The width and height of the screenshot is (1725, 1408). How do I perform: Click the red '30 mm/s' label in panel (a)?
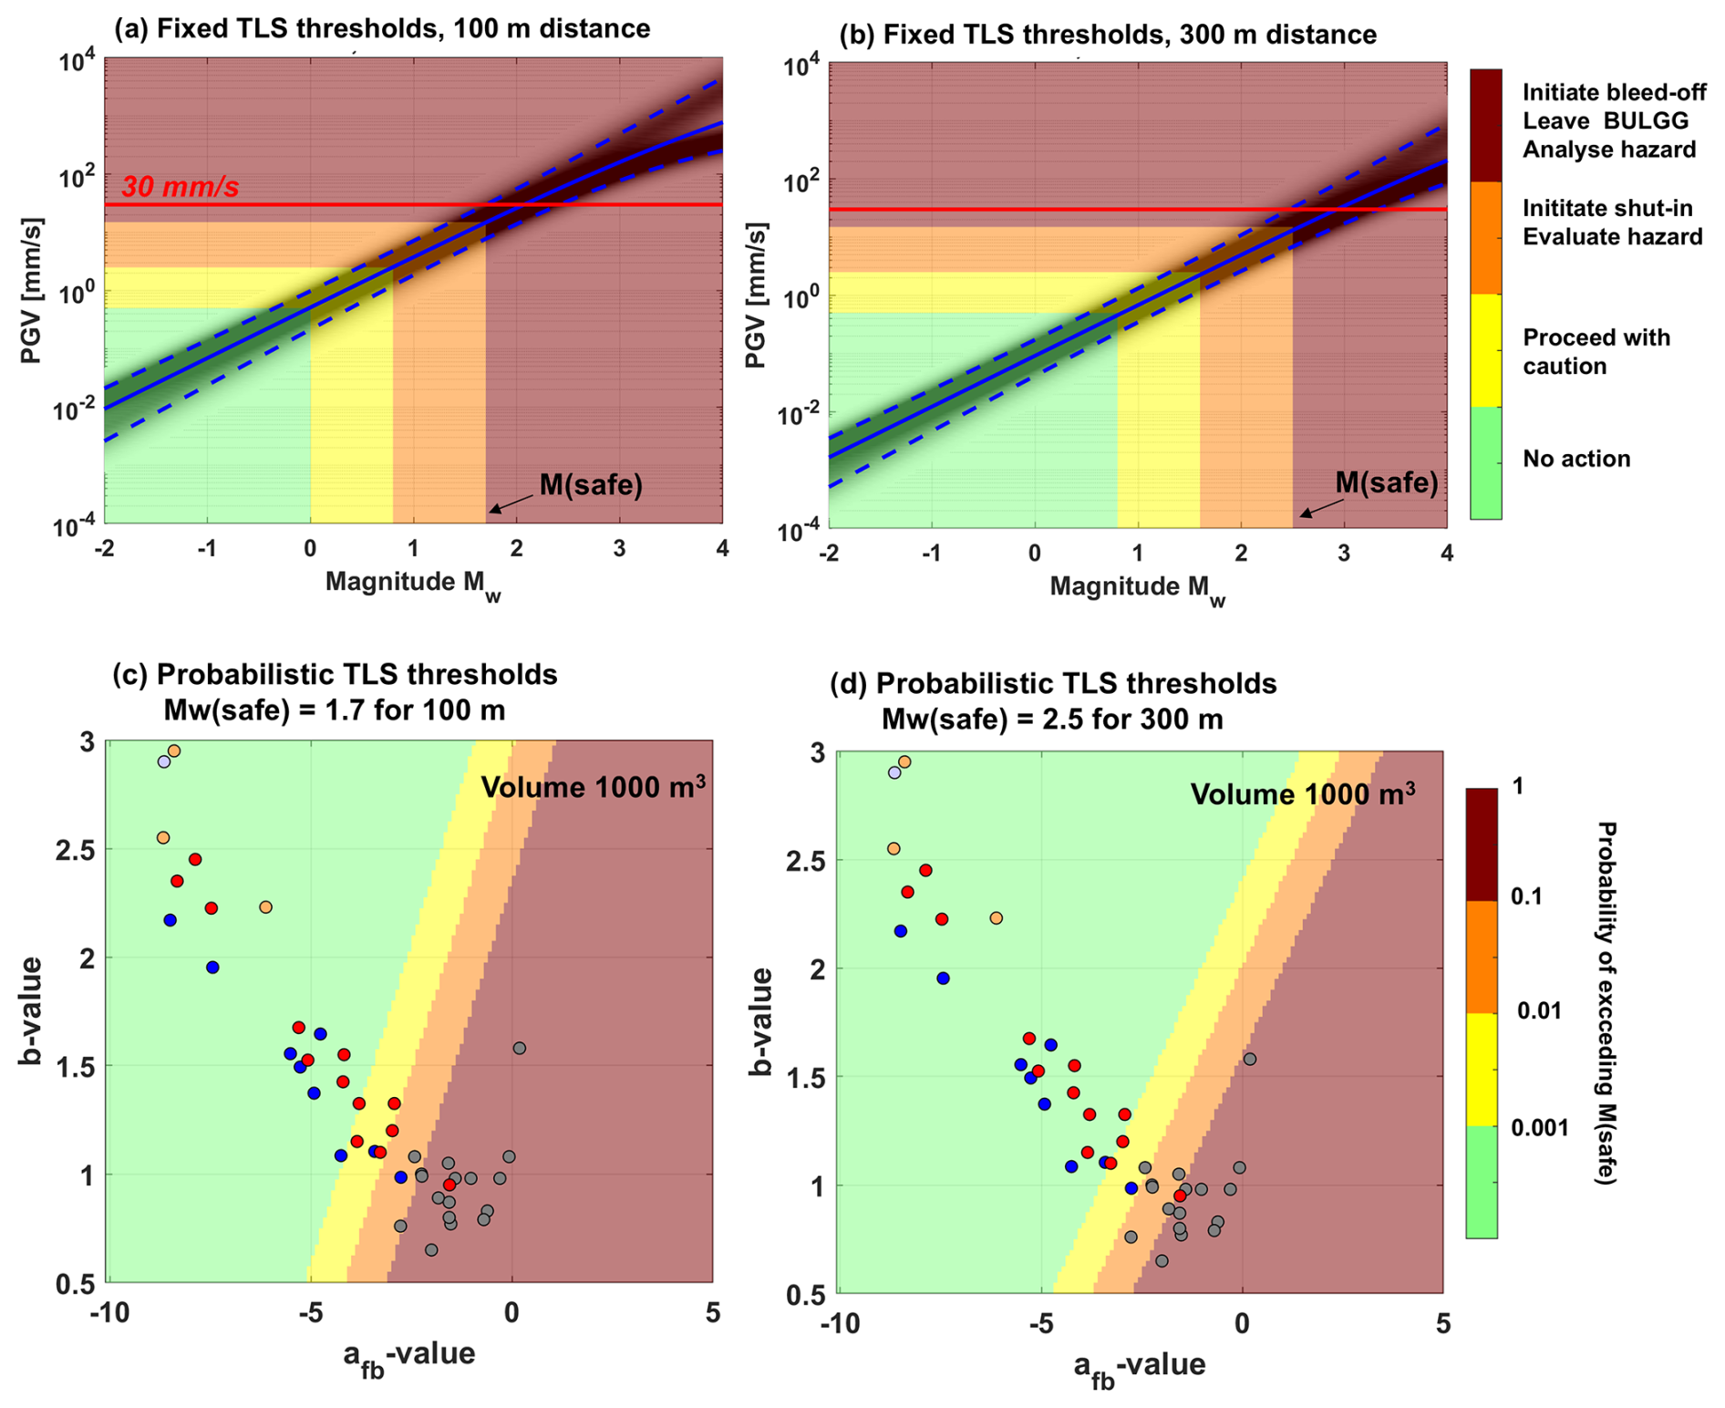[x=181, y=187]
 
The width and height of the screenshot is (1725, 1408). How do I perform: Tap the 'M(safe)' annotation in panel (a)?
[x=591, y=485]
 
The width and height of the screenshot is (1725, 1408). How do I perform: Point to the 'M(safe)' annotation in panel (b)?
[x=1386, y=483]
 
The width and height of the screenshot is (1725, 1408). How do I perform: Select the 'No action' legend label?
[x=1576, y=459]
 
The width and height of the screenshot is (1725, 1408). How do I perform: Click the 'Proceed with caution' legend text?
[x=1596, y=352]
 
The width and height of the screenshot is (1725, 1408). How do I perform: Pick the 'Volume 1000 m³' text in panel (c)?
[x=593, y=787]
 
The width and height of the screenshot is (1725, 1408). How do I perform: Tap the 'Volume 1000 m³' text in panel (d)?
[x=1303, y=794]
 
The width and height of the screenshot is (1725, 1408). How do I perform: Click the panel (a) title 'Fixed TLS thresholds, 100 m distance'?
[x=382, y=28]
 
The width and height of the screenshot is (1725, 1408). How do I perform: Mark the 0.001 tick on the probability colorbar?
[x=1540, y=1128]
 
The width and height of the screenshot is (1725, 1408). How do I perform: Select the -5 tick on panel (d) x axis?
[x=1040, y=1323]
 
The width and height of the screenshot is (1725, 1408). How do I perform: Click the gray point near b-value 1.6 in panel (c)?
[x=520, y=1049]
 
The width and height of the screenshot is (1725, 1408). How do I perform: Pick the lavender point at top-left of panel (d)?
[x=894, y=772]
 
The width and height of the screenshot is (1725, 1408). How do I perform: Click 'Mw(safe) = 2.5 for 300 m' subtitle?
[x=1052, y=720]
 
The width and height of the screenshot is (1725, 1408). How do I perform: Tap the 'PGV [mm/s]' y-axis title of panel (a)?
[x=32, y=291]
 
